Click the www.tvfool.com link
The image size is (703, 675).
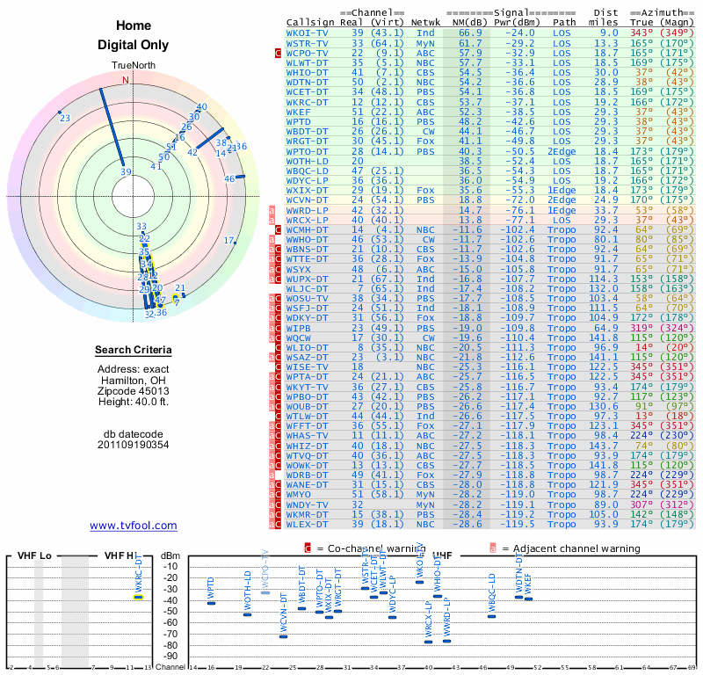pos(134,526)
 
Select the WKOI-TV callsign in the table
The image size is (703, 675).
pos(308,33)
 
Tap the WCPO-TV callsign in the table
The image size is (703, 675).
pos(308,53)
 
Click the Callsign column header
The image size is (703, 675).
pos(309,22)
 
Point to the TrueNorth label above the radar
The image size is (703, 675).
pos(133,67)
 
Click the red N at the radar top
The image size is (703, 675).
pos(126,80)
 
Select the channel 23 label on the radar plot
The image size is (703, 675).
pos(65,118)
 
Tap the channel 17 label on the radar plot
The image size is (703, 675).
pos(229,241)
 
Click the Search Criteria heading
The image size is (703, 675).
pos(134,351)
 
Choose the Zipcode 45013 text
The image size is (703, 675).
pos(134,391)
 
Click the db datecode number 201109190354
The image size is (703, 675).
pos(134,444)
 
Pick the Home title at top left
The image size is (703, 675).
pos(134,25)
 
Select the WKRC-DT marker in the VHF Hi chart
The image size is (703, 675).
pos(138,597)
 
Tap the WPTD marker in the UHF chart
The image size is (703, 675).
pos(211,603)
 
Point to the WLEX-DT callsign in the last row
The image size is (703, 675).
pos(308,525)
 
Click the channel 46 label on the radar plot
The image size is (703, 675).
pos(229,178)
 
